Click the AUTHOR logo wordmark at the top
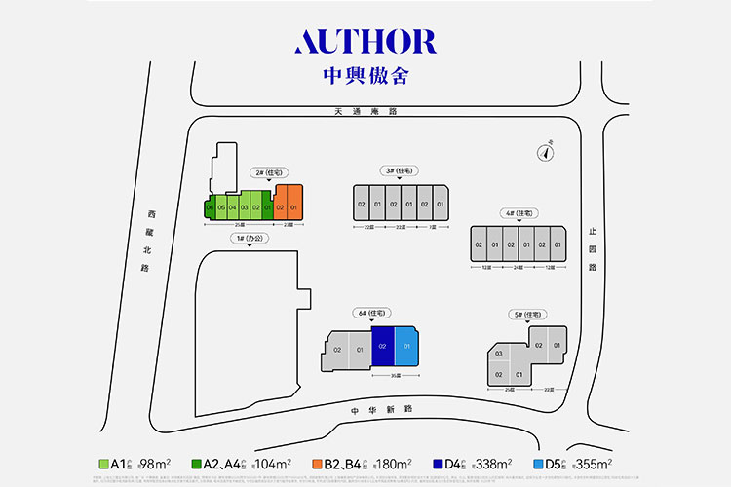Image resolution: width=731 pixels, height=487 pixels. [x=365, y=41]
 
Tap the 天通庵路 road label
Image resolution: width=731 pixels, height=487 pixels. [x=365, y=112]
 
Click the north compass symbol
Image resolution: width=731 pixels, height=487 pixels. [x=547, y=151]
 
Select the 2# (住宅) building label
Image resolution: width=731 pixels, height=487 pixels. [x=265, y=172]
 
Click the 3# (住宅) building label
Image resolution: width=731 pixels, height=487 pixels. [x=398, y=171]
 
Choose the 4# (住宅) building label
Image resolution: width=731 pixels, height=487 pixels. [x=518, y=213]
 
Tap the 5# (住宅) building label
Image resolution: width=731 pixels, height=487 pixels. [x=525, y=314]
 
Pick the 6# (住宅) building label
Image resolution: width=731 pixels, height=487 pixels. [x=375, y=312]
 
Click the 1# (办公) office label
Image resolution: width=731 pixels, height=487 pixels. [x=250, y=238]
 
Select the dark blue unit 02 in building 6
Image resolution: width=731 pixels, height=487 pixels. [x=382, y=346]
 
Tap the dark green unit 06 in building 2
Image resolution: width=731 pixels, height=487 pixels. [x=210, y=207]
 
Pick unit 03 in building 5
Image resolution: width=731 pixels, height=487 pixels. [x=498, y=354]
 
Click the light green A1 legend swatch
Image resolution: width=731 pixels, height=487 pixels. [x=104, y=464]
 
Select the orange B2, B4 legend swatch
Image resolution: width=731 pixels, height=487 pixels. [x=318, y=464]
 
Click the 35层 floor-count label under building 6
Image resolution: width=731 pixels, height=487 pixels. [x=395, y=375]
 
